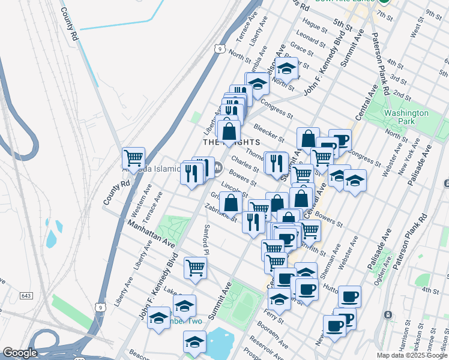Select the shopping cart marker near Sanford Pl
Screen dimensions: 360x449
(x=195, y=268)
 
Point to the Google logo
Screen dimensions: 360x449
(x=19, y=353)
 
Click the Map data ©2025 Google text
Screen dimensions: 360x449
(x=412, y=355)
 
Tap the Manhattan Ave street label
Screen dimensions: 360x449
(x=151, y=233)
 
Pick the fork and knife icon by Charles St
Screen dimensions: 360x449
(x=276, y=163)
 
